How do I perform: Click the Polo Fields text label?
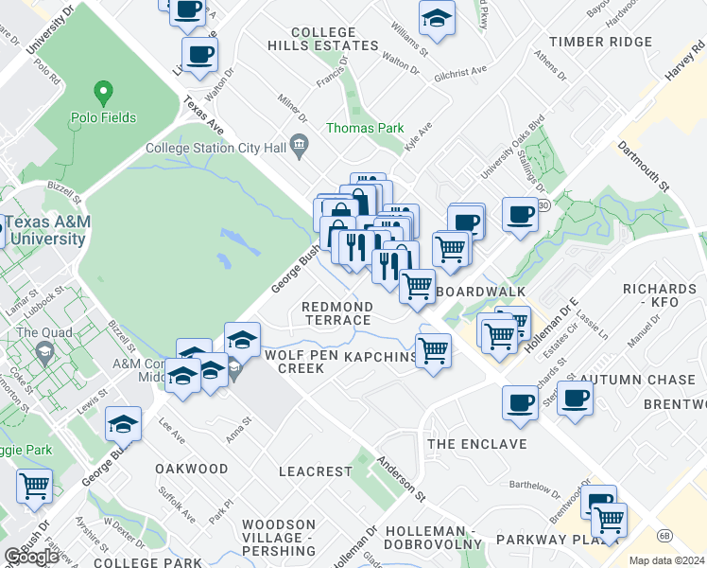pyautogui.click(x=103, y=118)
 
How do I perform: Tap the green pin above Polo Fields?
pyautogui.click(x=103, y=94)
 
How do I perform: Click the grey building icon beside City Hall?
pyautogui.click(x=300, y=146)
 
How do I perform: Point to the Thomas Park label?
pyautogui.click(x=365, y=128)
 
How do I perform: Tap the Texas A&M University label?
pyautogui.click(x=45, y=231)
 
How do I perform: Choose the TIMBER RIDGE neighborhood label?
pyautogui.click(x=601, y=42)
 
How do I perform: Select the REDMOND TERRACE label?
pyautogui.click(x=336, y=313)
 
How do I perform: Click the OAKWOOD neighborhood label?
pyautogui.click(x=192, y=469)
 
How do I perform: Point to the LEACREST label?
pyautogui.click(x=316, y=470)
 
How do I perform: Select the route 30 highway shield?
pyautogui.click(x=543, y=204)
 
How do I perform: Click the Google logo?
pyautogui.click(x=31, y=557)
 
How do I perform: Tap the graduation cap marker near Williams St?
pyautogui.click(x=437, y=18)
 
